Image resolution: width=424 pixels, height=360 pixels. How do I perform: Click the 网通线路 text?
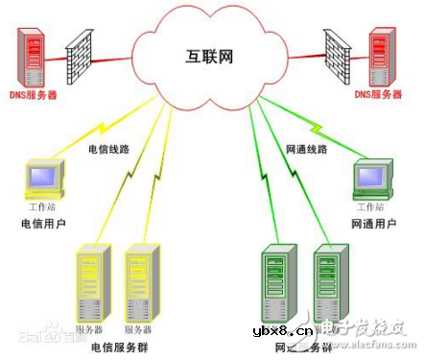(307, 151)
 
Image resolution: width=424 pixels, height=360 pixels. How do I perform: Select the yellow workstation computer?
(44, 179)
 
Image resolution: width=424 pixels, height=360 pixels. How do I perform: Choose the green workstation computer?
(372, 179)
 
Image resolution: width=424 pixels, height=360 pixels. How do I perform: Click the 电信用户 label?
(43, 225)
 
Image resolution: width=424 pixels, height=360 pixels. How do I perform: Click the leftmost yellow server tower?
(94, 282)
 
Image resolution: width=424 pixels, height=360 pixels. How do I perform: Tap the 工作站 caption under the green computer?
(369, 207)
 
